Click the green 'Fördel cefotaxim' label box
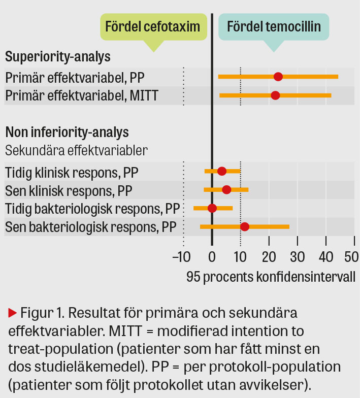pyautogui.click(x=152, y=26)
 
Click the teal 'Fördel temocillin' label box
pyautogui.click(x=274, y=26)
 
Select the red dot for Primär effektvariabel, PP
pyautogui.click(x=278, y=77)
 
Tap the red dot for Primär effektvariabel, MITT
pyautogui.click(x=275, y=95)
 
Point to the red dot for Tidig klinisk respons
pyautogui.click(x=222, y=171)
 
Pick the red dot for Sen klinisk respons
pyautogui.click(x=226, y=190)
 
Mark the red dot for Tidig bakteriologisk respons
pyautogui.click(x=212, y=208)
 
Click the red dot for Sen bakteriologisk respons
pyautogui.click(x=245, y=226)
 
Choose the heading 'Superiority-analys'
pyautogui.click(x=58, y=56)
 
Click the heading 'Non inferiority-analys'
pyautogui.click(x=67, y=132)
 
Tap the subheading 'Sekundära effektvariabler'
pyautogui.click(x=76, y=150)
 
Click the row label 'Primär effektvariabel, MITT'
pyautogui.click(x=82, y=95)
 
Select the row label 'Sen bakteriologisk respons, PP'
pyautogui.click(x=92, y=227)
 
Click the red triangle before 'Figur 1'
pyautogui.click(x=13, y=312)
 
